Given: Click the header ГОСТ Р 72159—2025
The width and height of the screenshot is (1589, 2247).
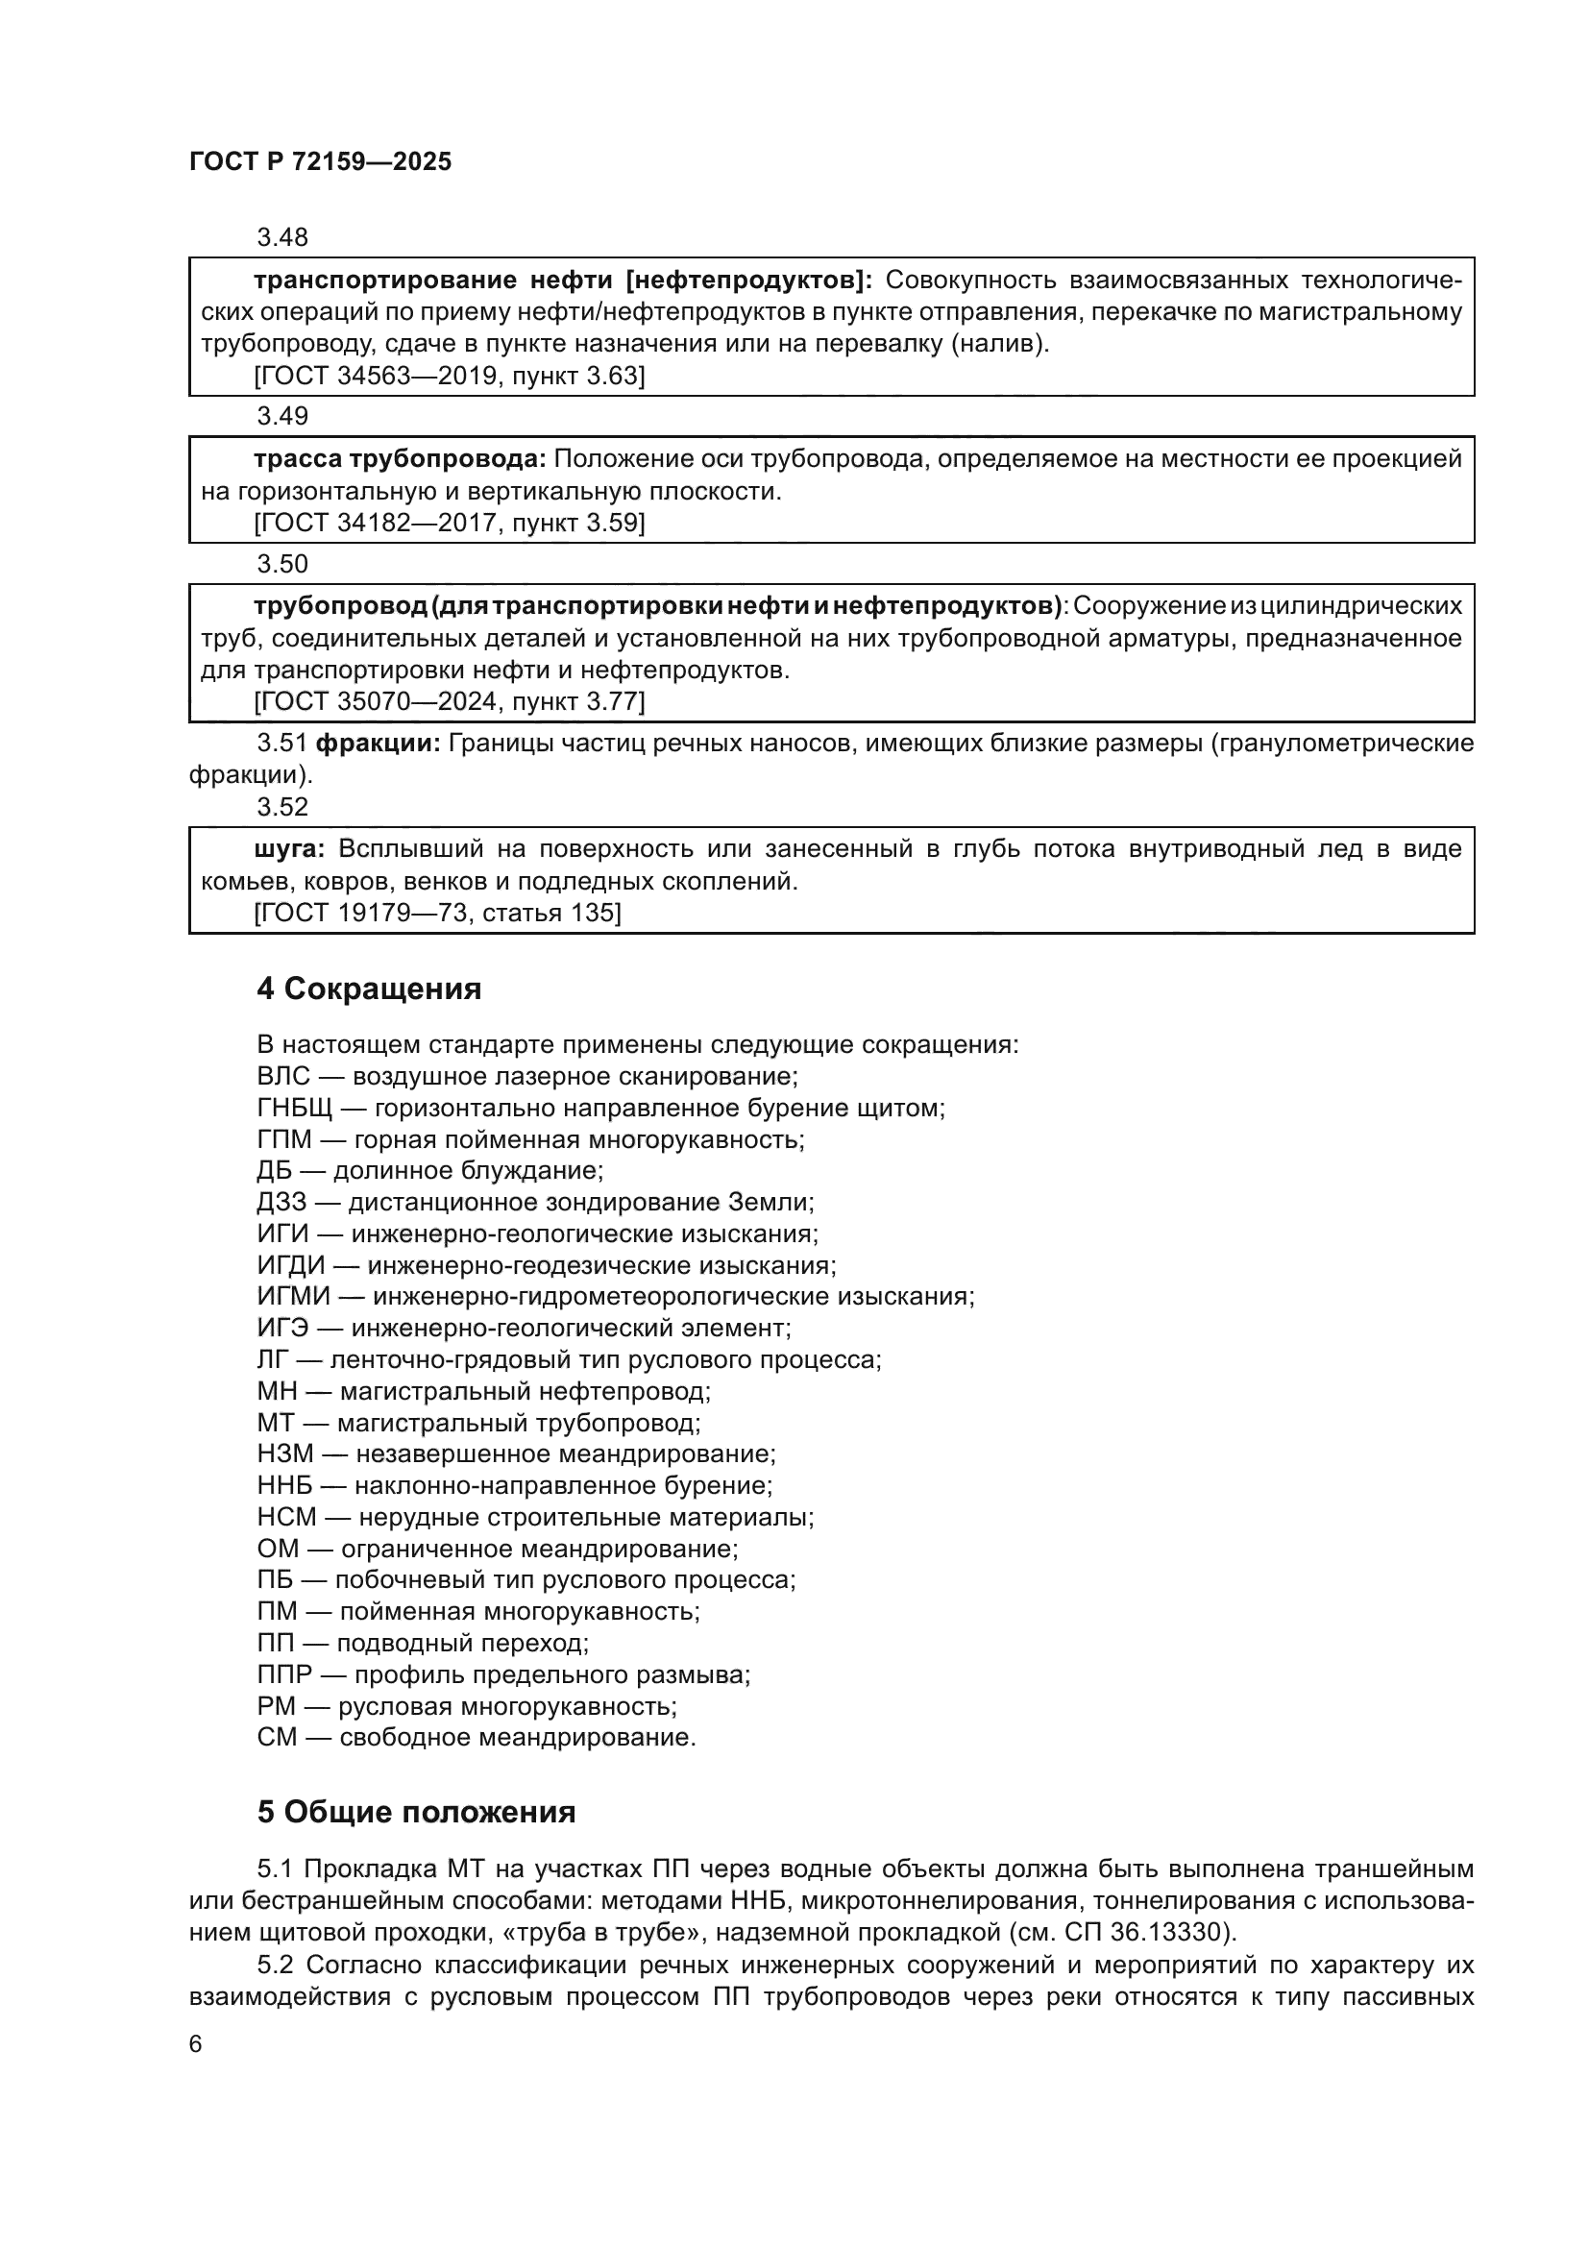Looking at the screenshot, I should [320, 162].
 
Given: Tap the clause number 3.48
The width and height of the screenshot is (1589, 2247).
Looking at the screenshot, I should [281, 237].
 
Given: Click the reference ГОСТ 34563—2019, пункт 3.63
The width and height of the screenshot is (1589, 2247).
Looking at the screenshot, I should [449, 376].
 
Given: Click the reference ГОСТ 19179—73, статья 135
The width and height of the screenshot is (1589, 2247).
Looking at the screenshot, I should [437, 913].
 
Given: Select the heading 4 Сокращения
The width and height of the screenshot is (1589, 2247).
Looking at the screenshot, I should [369, 989].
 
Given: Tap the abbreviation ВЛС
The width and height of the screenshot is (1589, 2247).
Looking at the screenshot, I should [282, 1077].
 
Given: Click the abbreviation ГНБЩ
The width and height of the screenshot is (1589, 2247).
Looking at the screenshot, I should [295, 1108].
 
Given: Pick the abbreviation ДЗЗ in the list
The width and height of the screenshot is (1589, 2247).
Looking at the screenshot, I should [281, 1202].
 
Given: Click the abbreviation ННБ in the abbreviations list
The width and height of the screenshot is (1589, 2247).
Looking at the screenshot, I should [284, 1485].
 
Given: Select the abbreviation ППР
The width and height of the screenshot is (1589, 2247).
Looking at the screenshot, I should [283, 1674].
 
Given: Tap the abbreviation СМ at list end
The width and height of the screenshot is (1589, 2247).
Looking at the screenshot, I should [277, 1737].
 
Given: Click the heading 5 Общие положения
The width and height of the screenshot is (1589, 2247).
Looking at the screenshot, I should [416, 1813].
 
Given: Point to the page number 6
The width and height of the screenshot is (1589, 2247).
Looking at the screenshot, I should [196, 2043].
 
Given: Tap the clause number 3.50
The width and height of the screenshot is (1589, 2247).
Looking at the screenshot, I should [281, 564].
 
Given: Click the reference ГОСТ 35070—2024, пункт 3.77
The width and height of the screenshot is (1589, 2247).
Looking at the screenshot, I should [449, 701].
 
